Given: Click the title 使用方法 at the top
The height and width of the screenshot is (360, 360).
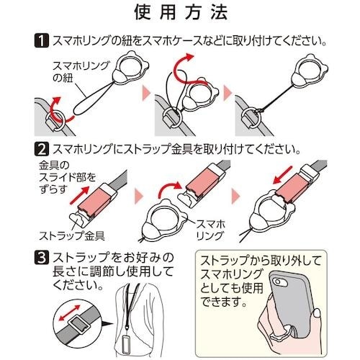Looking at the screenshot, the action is [x=181, y=12].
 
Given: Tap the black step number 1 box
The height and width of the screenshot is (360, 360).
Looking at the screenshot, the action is [x=42, y=41].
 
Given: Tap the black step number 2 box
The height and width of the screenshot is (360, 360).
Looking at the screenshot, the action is [x=42, y=149].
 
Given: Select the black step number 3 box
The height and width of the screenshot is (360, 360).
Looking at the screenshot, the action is [x=42, y=257].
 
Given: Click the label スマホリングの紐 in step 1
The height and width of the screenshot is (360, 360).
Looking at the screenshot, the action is [x=81, y=72].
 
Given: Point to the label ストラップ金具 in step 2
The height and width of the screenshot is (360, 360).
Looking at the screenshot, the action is [x=72, y=235].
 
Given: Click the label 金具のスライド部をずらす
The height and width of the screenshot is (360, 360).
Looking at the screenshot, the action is [x=67, y=177].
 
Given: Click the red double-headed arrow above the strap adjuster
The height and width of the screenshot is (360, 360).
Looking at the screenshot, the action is [x=70, y=312].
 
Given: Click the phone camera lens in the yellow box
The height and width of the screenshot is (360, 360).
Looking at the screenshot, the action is [x=279, y=282].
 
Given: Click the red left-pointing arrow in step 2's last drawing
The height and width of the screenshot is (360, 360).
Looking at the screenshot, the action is [x=283, y=175].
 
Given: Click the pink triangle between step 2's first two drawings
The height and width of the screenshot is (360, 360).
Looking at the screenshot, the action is [x=139, y=195].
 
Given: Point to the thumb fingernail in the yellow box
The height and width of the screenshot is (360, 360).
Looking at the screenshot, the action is [x=317, y=312].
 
